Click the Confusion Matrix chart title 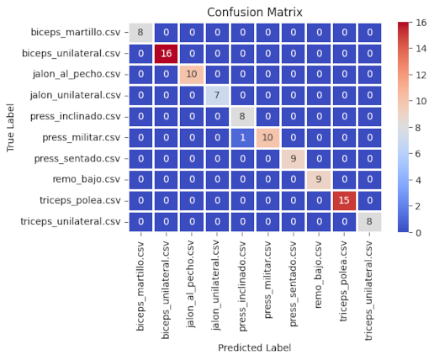[x=255, y=11]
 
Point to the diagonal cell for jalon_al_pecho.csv [x=193, y=75]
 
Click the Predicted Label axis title [x=255, y=347]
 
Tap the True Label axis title [x=11, y=128]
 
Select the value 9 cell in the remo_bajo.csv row [x=318, y=179]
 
